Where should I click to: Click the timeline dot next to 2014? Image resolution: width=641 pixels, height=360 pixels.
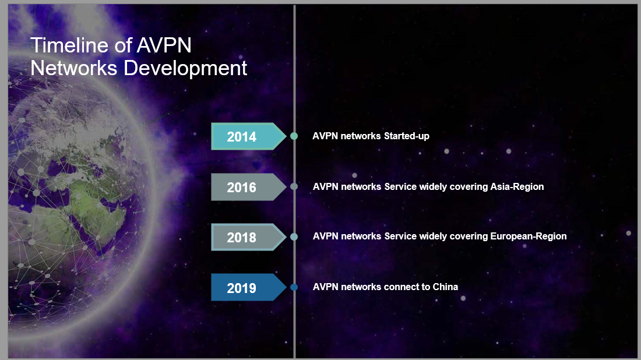[294, 136]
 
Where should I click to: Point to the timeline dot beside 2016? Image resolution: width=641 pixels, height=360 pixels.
[294, 186]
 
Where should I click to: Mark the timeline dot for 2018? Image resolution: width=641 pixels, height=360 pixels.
[294, 237]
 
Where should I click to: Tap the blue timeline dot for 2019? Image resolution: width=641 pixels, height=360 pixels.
[294, 287]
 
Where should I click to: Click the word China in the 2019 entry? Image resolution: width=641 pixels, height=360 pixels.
[445, 287]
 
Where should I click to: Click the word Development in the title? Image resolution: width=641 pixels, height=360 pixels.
[185, 68]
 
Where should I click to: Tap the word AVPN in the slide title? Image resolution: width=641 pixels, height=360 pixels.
[164, 45]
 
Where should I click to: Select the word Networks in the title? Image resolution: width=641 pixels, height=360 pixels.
[73, 68]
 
